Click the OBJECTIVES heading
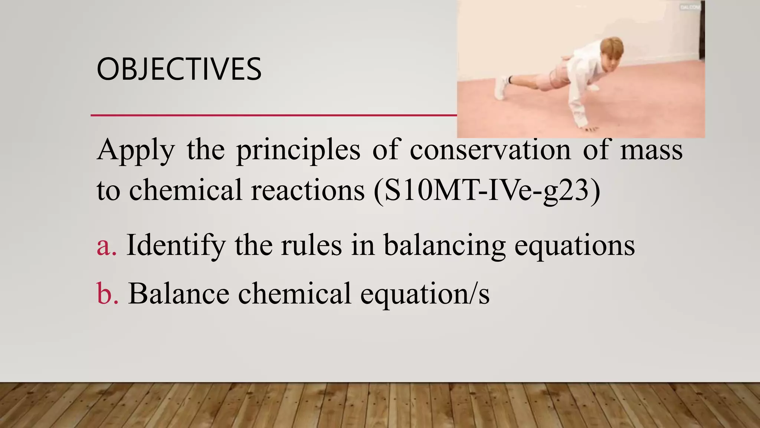coord(179,69)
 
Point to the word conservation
coord(490,149)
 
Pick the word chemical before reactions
coord(186,190)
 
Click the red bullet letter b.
coord(107,294)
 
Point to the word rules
coord(311,245)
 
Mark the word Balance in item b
coord(179,294)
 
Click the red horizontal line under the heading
coord(274,116)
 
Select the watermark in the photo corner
coord(690,7)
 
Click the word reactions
coord(308,190)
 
